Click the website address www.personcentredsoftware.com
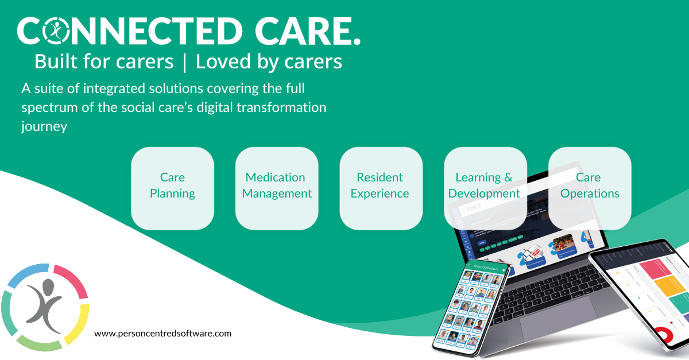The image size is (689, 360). [x=162, y=333]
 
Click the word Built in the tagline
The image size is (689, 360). [x=56, y=61]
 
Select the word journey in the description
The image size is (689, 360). [x=44, y=127]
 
